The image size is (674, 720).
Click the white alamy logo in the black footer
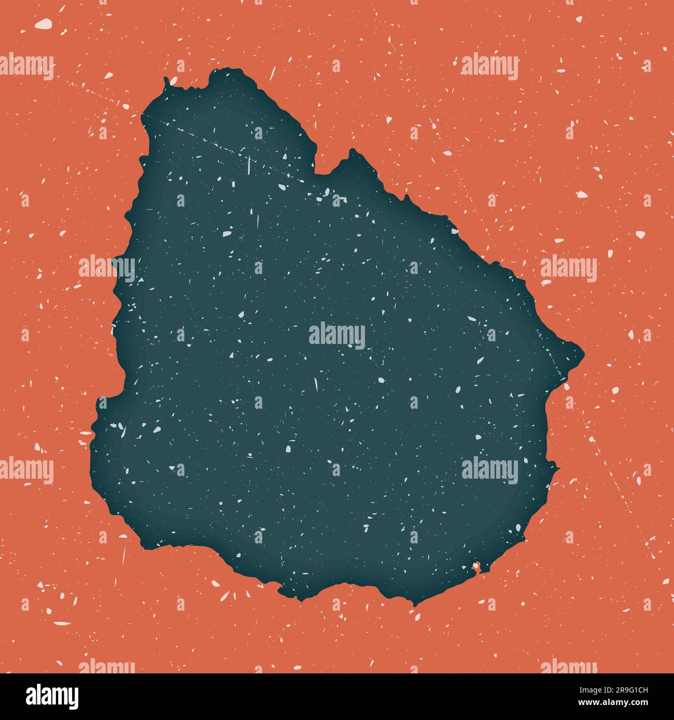(x=52, y=696)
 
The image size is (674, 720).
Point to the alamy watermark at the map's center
(x=337, y=336)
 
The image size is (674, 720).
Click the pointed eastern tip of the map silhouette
(x=583, y=355)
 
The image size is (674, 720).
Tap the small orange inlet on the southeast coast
(x=475, y=568)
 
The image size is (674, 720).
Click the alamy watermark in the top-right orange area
(x=489, y=67)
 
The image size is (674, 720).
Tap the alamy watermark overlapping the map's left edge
(x=107, y=268)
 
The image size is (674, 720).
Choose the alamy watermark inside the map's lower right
(x=489, y=470)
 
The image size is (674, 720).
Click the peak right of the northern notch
(x=353, y=152)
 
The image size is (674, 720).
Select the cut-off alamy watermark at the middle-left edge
(x=26, y=470)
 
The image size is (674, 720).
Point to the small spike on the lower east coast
(x=557, y=469)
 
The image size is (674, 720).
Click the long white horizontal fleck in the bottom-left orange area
(x=62, y=623)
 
